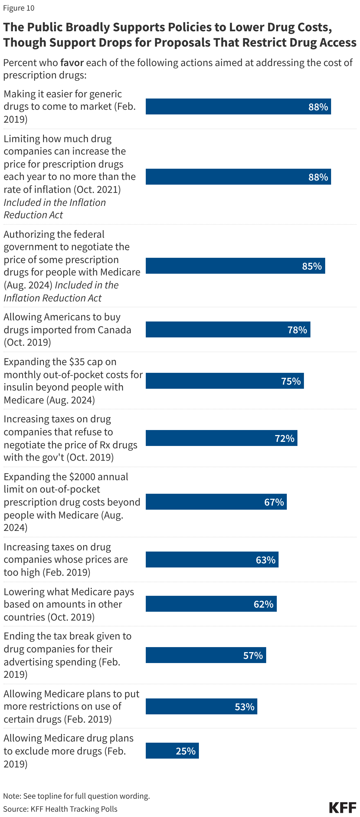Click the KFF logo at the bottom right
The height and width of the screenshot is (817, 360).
pos(342,807)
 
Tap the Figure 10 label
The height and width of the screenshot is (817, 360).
pos(19,8)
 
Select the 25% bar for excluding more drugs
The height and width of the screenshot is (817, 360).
pos(172,750)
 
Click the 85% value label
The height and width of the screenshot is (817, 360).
pos(312,266)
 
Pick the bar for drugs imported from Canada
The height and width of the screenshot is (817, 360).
pos(228,329)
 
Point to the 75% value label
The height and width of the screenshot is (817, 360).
pos(291,380)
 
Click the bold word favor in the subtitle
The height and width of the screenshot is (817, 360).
pos(72,63)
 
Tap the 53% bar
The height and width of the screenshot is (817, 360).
pos(201,706)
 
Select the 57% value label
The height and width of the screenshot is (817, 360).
pos(253,655)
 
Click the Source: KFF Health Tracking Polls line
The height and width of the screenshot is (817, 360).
pos(60,809)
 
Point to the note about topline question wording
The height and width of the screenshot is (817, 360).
pos(76,796)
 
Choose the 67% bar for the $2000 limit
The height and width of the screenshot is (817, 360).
pos(216,502)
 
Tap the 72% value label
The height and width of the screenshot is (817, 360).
pos(284,438)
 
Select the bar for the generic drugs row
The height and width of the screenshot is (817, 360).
pos(238,106)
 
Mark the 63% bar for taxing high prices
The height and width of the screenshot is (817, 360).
pos(212,560)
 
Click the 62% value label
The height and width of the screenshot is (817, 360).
pos(263,604)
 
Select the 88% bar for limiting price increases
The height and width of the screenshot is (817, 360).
pos(238,177)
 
